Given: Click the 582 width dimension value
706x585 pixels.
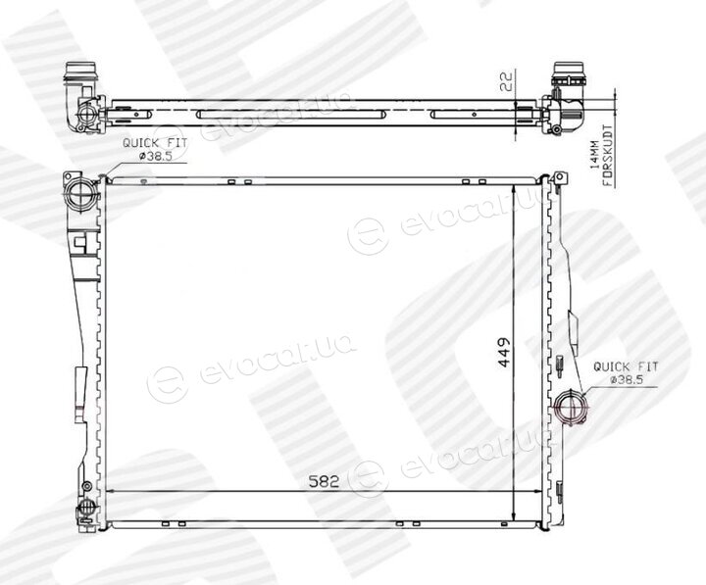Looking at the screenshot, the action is (325, 481).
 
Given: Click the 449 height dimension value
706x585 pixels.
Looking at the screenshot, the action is (504, 352).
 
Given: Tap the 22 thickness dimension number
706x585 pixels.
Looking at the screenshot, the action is (507, 81).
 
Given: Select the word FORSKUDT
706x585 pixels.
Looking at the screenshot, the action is (607, 156).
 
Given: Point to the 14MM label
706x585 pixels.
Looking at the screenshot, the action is (595, 155).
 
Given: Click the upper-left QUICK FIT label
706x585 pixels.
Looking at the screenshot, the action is (155, 143).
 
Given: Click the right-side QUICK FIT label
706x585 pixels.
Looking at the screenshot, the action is (626, 366).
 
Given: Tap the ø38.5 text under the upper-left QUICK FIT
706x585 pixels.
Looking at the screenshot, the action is (156, 156).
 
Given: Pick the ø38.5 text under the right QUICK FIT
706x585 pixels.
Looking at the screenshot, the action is (627, 380).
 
